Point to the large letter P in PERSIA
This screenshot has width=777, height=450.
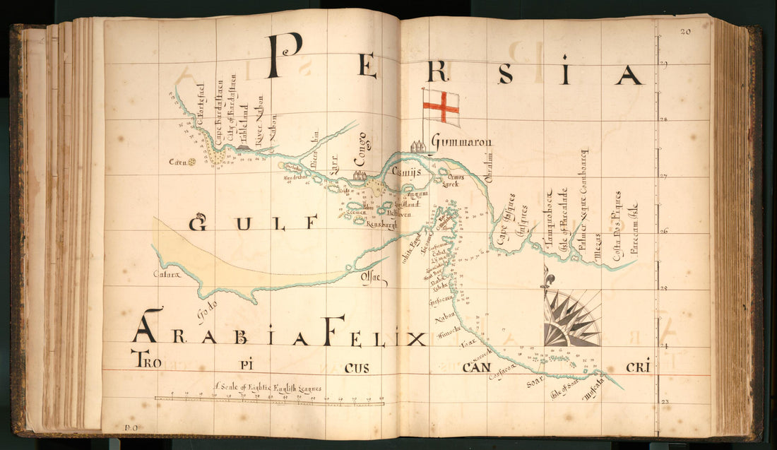284,57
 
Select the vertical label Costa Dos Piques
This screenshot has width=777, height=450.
617,226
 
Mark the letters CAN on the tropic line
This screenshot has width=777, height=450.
476,367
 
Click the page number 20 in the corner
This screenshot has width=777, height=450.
686,31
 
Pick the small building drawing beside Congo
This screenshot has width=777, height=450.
360,174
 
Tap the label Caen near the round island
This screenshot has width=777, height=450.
176,162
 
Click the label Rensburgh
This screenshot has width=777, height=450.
383,225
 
